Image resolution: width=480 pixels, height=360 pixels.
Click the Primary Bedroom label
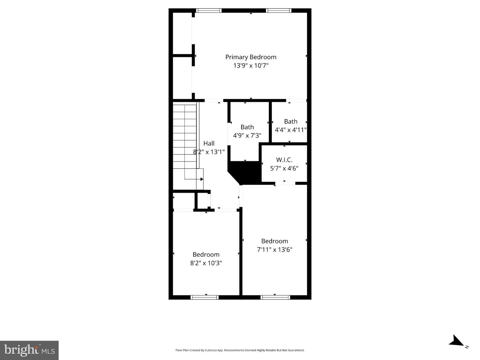point(251,57)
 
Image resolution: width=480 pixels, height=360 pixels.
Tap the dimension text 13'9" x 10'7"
point(251,66)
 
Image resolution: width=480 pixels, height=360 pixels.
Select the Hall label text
point(209,143)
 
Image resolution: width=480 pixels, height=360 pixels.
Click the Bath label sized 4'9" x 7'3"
point(247,127)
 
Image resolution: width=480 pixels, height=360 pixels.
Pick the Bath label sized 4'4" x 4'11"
point(291,122)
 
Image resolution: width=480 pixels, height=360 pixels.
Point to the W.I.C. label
point(284,160)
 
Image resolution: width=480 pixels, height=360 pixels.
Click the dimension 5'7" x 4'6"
point(284,169)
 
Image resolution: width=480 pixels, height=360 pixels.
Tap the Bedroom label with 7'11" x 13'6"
point(274,241)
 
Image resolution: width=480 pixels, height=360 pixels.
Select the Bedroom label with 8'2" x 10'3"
point(206,255)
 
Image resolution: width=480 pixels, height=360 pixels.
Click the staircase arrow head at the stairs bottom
point(202,179)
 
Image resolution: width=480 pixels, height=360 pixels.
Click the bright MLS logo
point(29,350)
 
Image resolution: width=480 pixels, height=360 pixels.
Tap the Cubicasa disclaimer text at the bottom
point(240,350)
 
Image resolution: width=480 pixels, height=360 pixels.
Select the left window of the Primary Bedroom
point(209,11)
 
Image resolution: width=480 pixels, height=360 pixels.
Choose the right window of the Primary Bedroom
point(279,11)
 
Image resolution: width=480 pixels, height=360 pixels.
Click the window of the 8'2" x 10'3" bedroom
point(205,297)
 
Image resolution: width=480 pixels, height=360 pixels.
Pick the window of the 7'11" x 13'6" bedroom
point(275,297)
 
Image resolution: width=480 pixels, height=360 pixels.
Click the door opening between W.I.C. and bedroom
point(285,183)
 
